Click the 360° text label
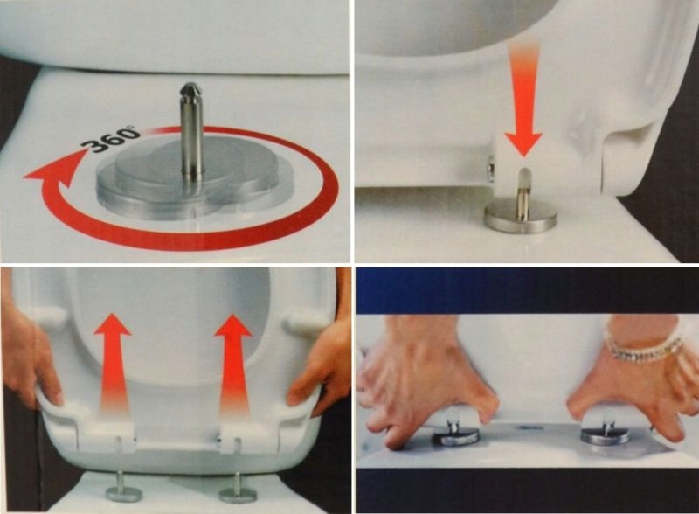(111, 139)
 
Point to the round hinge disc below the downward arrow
(521, 216)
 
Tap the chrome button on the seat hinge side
(490, 168)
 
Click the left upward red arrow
(114, 361)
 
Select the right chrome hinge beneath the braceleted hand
(604, 434)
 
